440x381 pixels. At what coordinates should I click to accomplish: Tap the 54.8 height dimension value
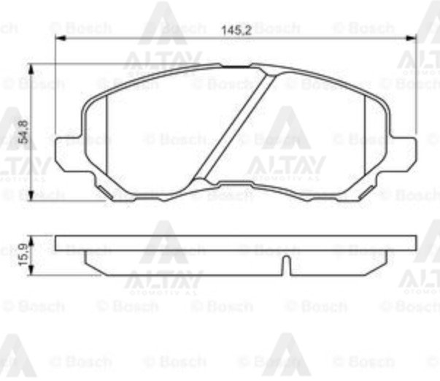click(23, 132)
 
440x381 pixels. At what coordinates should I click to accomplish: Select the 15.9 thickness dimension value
click(23, 255)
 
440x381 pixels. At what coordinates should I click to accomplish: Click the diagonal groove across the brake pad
click(237, 128)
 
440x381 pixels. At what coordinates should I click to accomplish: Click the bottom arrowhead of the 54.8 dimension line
click(31, 196)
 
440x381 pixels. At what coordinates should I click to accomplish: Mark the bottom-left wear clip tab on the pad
click(106, 192)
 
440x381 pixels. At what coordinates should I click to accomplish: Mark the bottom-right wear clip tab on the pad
click(365, 192)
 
